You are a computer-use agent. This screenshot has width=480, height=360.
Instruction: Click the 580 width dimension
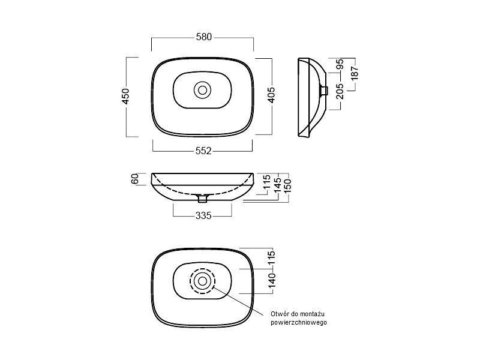[204, 37]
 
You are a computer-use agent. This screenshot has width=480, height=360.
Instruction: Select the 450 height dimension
[126, 96]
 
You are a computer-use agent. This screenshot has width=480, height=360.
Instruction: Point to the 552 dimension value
[203, 151]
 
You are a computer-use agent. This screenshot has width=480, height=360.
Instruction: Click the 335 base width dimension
[203, 215]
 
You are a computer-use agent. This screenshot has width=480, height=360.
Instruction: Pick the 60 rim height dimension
[135, 179]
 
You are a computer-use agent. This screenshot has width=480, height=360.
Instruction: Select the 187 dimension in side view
[355, 73]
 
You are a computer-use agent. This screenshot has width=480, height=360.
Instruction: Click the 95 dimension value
[340, 64]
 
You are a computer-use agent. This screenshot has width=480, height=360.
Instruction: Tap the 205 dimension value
[340, 91]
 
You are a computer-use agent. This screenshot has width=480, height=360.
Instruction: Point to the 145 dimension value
[278, 185]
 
